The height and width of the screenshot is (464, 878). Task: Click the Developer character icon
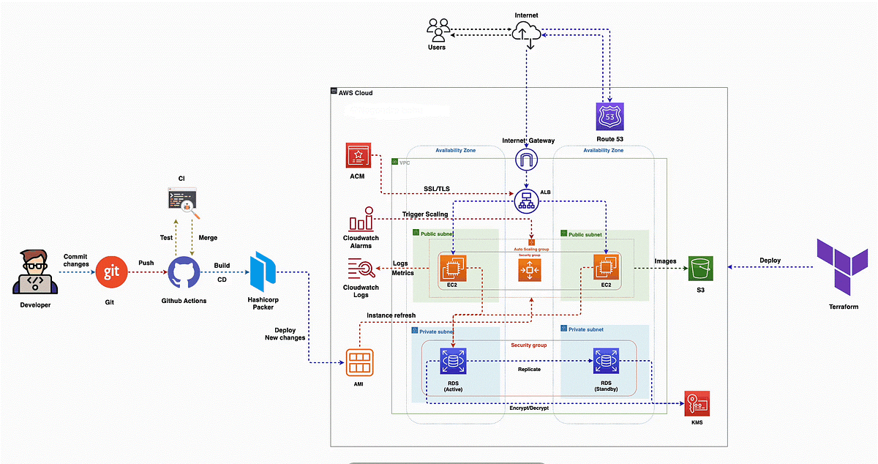pyautogui.click(x=34, y=272)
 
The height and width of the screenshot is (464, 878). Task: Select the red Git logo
pyautogui.click(x=112, y=272)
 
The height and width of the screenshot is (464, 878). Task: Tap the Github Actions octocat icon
pyautogui.click(x=184, y=273)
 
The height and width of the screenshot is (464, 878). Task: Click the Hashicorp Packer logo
pyautogui.click(x=262, y=272)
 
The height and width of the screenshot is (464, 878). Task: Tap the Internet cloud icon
pyautogui.click(x=528, y=33)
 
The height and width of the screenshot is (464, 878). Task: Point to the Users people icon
pyautogui.click(x=437, y=31)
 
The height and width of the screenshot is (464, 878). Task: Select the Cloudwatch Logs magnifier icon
pyautogui.click(x=361, y=270)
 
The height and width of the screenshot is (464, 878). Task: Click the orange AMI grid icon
pyautogui.click(x=359, y=362)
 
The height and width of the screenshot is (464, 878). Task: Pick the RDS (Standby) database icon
pyautogui.click(x=605, y=360)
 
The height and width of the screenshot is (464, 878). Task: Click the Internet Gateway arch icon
pyautogui.click(x=526, y=160)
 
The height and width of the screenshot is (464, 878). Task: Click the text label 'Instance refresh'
pyautogui.click(x=391, y=316)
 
